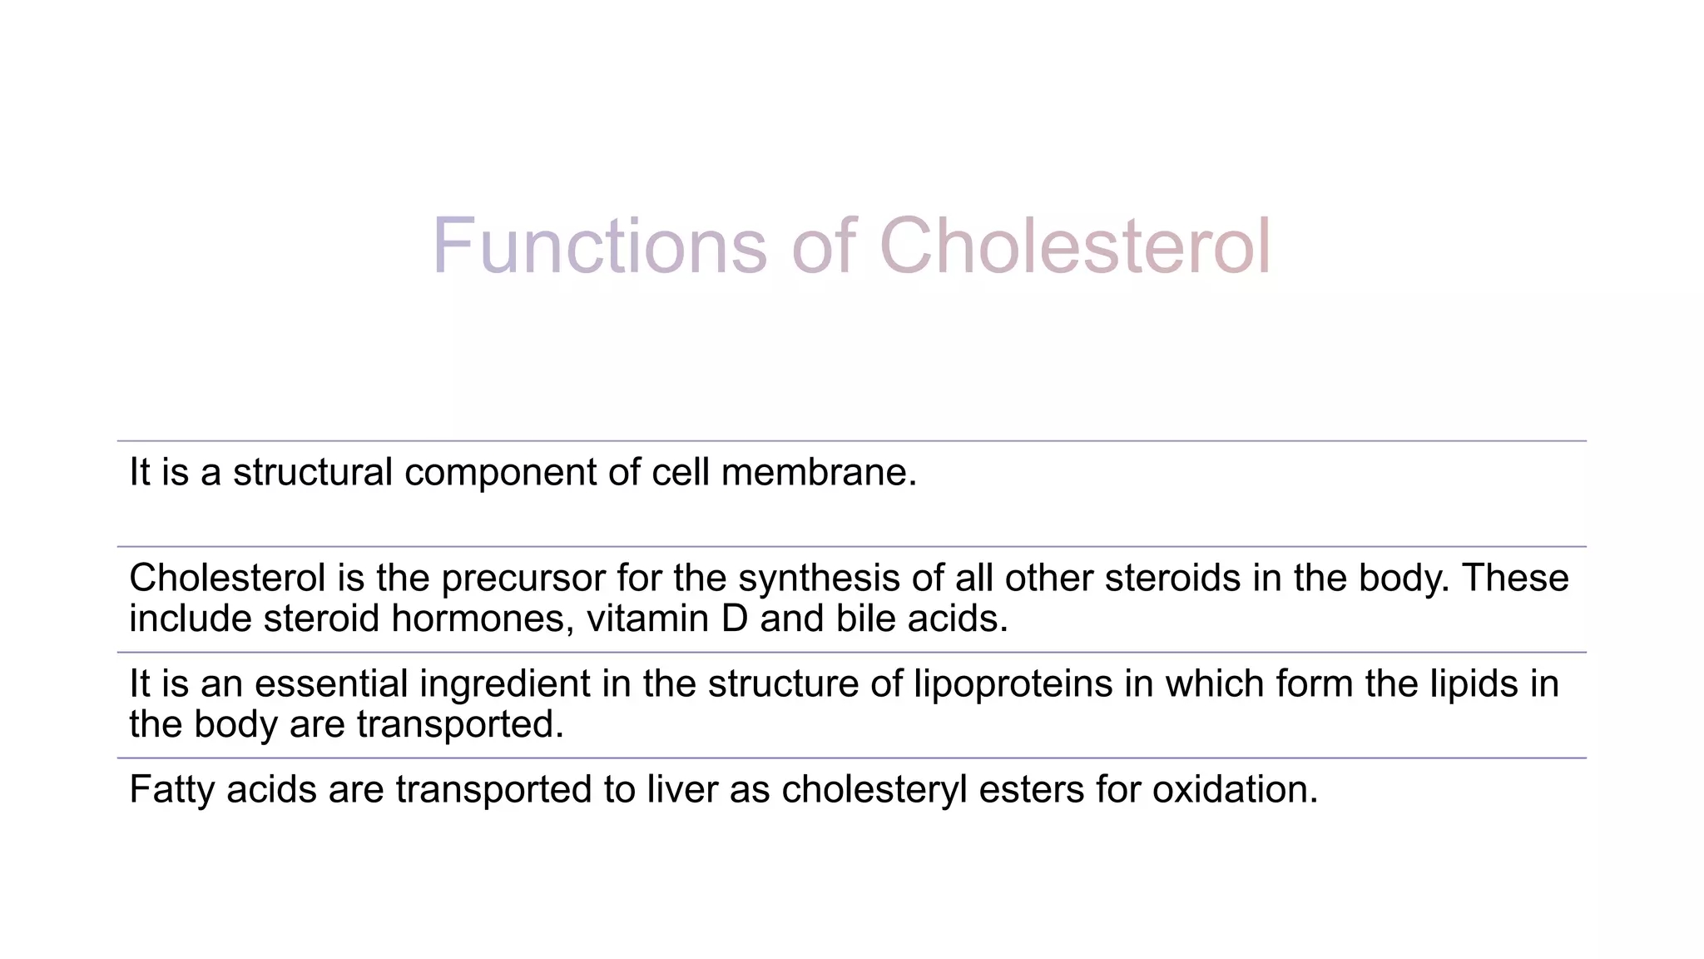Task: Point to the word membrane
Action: pos(819,472)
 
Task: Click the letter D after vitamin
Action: pos(735,619)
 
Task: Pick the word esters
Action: pos(1031,790)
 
